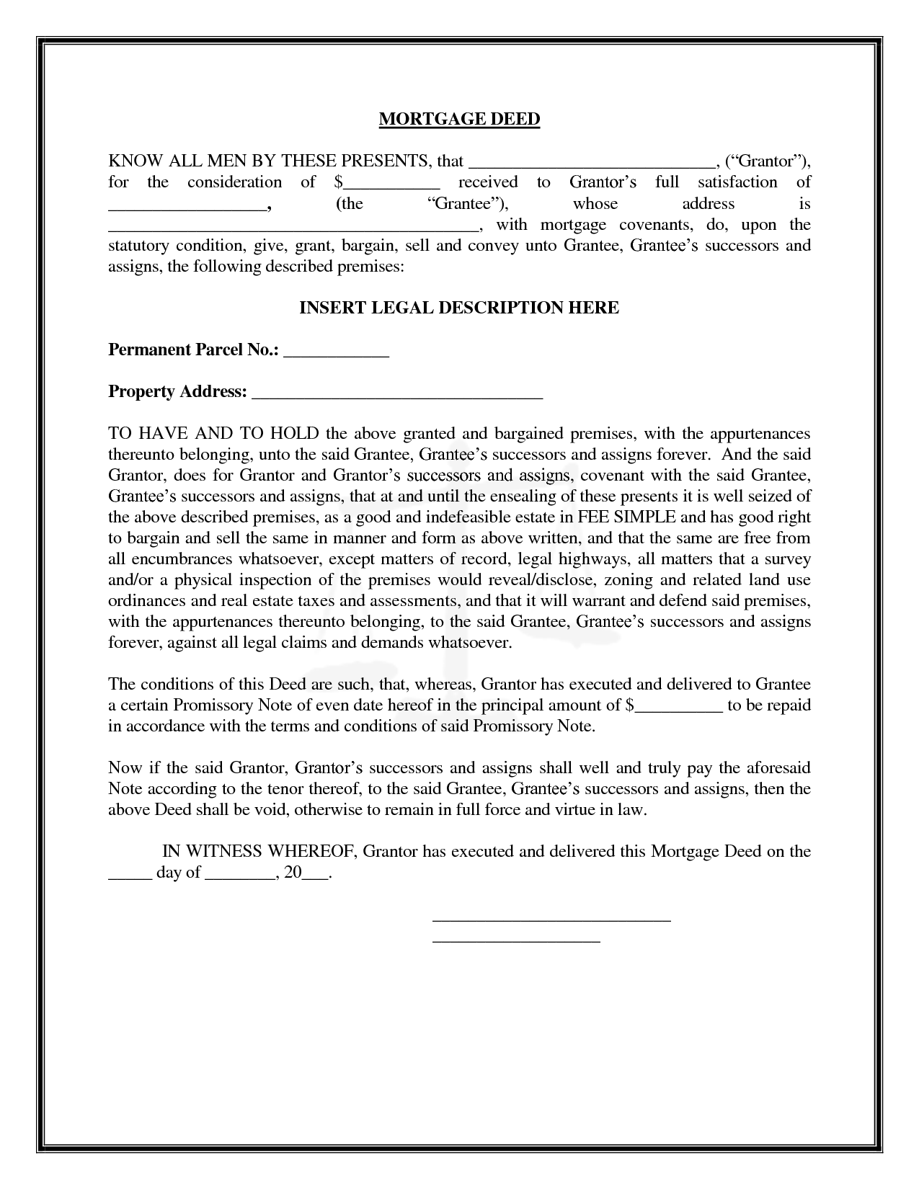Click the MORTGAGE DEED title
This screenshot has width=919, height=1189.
(x=459, y=119)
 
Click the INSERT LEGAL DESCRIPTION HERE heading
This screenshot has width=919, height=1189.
(x=459, y=308)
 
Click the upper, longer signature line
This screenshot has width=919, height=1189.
(x=551, y=919)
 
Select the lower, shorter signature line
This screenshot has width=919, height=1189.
(x=516, y=940)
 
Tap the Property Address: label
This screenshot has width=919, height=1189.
(x=177, y=391)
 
